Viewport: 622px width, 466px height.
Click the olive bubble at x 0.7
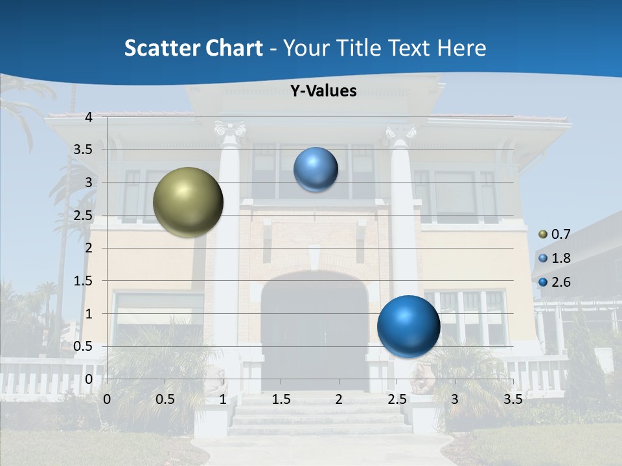pyautogui.click(x=189, y=202)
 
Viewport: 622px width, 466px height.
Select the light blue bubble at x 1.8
pyautogui.click(x=316, y=170)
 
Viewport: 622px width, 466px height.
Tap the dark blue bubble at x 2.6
pyautogui.click(x=408, y=326)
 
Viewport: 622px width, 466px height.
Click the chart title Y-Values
pyautogui.click(x=323, y=91)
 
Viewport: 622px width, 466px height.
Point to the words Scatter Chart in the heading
pyautogui.click(x=193, y=48)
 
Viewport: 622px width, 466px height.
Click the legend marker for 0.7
pyautogui.click(x=544, y=234)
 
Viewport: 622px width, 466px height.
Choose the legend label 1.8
pyautogui.click(x=560, y=258)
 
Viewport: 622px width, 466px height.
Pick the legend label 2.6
pyautogui.click(x=560, y=282)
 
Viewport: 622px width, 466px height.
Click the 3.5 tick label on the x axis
pyautogui.click(x=513, y=399)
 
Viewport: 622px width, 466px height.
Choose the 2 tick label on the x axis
pyautogui.click(x=339, y=399)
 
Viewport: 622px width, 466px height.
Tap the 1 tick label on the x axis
pyautogui.click(x=223, y=399)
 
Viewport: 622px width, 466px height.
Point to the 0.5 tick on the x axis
pyautogui.click(x=165, y=399)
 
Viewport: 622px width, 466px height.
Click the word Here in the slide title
pyautogui.click(x=462, y=48)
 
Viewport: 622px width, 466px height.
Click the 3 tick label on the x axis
pyautogui.click(x=455, y=399)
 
